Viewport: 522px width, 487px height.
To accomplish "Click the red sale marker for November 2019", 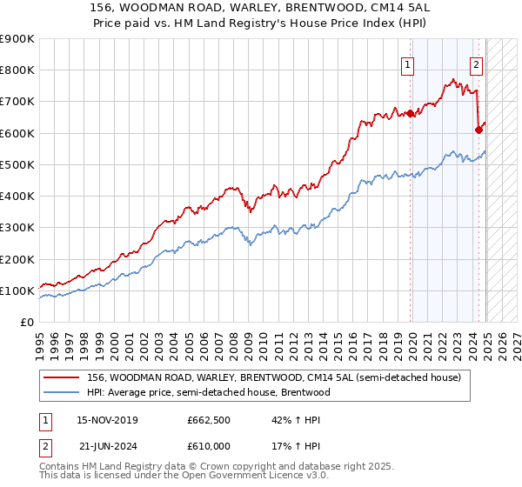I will click(x=410, y=113).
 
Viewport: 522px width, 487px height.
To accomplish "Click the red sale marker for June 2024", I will click(x=478, y=130).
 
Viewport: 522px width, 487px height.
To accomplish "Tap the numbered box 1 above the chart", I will click(x=408, y=63).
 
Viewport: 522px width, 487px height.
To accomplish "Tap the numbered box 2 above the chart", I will click(x=477, y=63).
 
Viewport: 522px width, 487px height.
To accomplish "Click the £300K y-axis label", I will click(x=17, y=228).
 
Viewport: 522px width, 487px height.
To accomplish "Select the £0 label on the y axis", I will click(x=26, y=322).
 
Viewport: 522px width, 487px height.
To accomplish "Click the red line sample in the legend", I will click(x=62, y=378).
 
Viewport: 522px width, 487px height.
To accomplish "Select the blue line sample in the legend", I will click(x=62, y=392).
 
